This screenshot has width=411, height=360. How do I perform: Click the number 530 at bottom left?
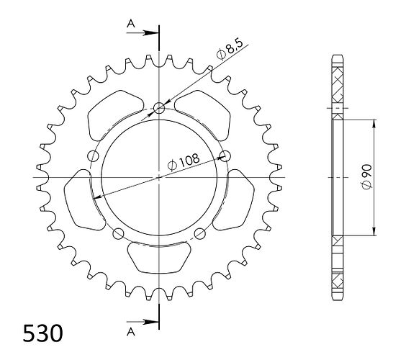pyautogui.click(x=42, y=333)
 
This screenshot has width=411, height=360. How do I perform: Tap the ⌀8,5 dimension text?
pyautogui.click(x=230, y=49)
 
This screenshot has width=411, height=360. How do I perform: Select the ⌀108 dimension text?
pyautogui.click(x=184, y=162)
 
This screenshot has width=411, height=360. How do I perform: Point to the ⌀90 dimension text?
pyautogui.click(x=366, y=176)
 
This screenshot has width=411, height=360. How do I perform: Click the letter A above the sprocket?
pyautogui.click(x=131, y=24)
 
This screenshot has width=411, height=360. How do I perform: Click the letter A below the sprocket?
pyautogui.click(x=131, y=332)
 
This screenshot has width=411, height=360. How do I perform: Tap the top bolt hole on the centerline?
pyautogui.click(x=159, y=108)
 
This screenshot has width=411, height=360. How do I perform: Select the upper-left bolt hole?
pyautogui.click(x=93, y=156)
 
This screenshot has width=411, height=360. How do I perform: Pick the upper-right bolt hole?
pyautogui.click(x=225, y=156)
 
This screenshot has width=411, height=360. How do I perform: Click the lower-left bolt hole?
pyautogui.click(x=118, y=233)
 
